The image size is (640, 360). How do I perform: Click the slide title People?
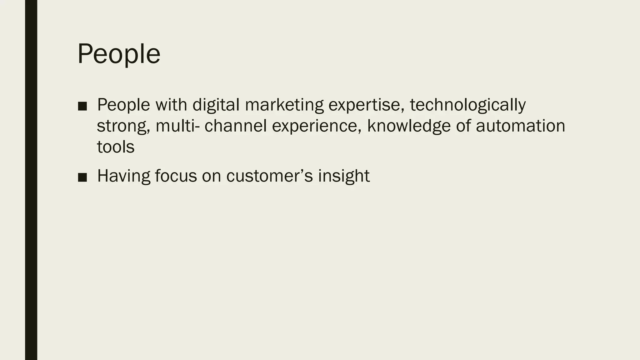119,54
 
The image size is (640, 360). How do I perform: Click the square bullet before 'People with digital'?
82,106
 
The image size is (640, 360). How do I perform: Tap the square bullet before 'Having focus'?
82,177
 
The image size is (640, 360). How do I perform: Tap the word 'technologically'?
467,105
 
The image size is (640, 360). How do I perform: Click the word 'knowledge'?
409,126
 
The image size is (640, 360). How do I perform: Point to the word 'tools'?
116,147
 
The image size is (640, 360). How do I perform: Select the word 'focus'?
176,176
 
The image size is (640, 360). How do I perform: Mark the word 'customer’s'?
269,176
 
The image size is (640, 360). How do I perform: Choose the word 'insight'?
344,176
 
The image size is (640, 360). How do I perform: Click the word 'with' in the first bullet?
171,105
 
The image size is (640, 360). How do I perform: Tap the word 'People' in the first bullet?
124,105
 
